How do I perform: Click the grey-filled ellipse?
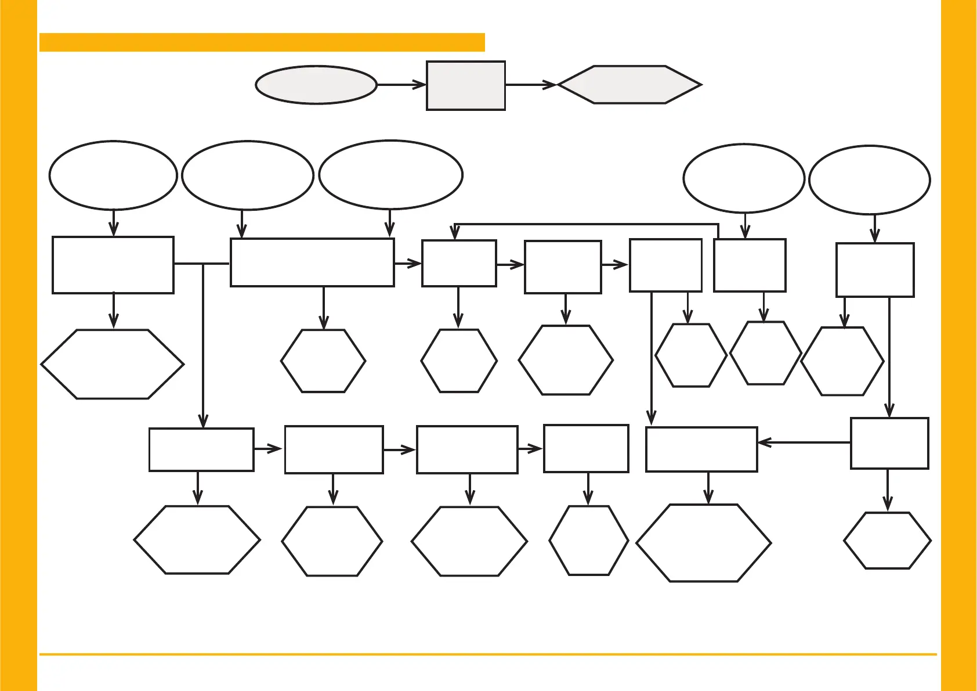coord(316,85)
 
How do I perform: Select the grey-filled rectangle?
coord(466,85)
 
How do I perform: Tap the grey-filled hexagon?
coord(629,85)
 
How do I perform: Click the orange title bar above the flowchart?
coord(262,42)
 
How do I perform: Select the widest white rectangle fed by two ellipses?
coord(312,262)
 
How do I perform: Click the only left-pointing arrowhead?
coord(763,442)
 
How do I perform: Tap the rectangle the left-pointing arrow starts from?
coord(889,443)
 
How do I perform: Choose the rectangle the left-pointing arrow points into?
coord(701,449)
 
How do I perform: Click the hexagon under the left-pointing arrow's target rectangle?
coord(704,543)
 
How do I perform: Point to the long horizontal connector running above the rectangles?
coord(586,224)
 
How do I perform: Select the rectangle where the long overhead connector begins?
coord(750,265)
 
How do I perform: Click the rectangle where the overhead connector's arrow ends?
coord(459,264)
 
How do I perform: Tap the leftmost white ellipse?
coord(113,175)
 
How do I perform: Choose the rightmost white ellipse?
coord(869,180)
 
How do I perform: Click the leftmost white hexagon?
coord(113,365)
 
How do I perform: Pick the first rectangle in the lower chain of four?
coord(201,449)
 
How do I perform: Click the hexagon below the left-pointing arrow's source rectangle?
coord(887,541)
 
